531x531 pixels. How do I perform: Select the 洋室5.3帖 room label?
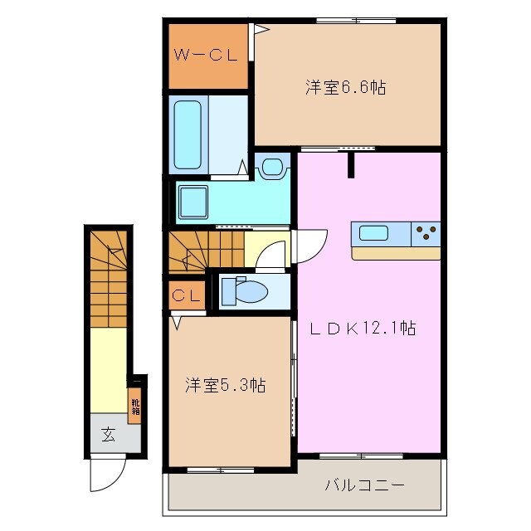click(x=226, y=385)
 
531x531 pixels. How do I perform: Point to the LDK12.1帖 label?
click(x=363, y=328)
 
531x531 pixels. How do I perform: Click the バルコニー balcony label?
click(x=364, y=484)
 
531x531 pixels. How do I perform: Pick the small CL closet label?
click(x=188, y=295)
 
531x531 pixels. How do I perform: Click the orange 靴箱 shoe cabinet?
click(x=134, y=406)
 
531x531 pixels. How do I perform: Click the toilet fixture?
click(x=247, y=291)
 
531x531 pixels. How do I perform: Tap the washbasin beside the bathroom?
click(x=271, y=168)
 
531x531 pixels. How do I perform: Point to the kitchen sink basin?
click(x=373, y=233)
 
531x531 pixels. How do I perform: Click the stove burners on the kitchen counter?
click(x=426, y=233)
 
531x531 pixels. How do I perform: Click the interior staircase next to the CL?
click(x=207, y=248)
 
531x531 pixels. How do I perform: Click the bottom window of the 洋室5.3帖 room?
click(x=220, y=470)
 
